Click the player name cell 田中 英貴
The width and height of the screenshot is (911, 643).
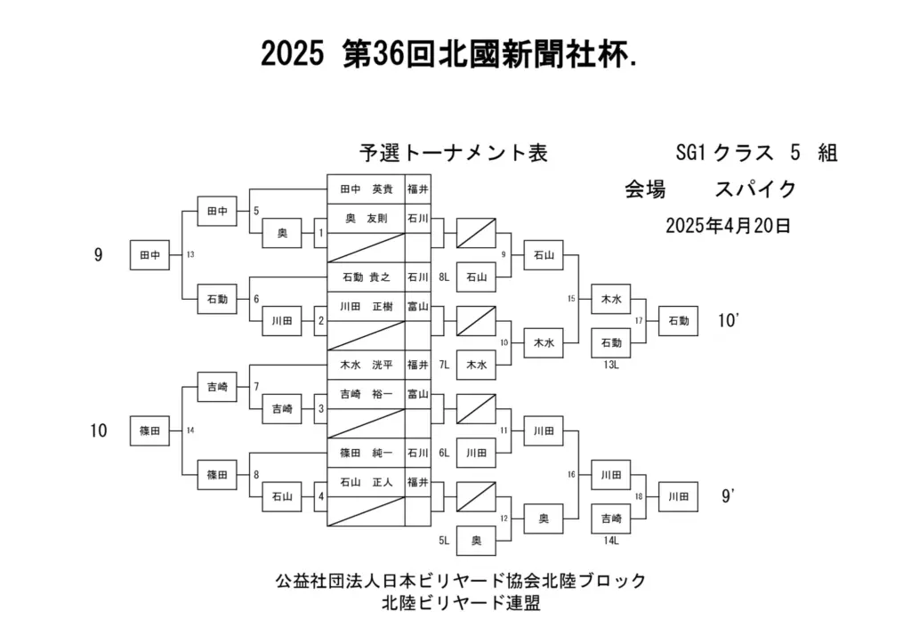coord(366,189)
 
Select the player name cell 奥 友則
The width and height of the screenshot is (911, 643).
coord(366,219)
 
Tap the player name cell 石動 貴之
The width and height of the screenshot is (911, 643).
coord(366,277)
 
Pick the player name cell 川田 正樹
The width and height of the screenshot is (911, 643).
coord(366,306)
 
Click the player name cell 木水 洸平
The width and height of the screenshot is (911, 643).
coord(366,365)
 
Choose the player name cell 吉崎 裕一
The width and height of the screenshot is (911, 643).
coord(366,394)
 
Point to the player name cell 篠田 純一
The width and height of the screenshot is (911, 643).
coord(366,453)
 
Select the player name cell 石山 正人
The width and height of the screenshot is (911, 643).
coord(366,482)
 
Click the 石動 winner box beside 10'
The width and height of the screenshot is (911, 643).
coord(678,321)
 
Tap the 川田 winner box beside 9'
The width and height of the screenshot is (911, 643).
coord(678,496)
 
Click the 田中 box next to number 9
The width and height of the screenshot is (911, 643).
coord(149,255)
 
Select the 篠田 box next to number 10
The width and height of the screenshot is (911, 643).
coord(149,431)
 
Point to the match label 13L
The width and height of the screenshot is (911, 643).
coord(610,365)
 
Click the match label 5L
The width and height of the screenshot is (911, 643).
coord(444,541)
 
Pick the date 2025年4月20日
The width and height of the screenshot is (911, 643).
coord(728,225)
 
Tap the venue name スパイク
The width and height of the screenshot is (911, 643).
coord(754,189)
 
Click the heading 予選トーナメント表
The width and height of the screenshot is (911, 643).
coord(453,153)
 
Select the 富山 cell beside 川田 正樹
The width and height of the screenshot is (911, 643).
coord(418,306)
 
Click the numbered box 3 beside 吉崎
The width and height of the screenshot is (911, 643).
coord(320,409)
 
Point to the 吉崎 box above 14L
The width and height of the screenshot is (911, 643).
coord(610,518)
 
